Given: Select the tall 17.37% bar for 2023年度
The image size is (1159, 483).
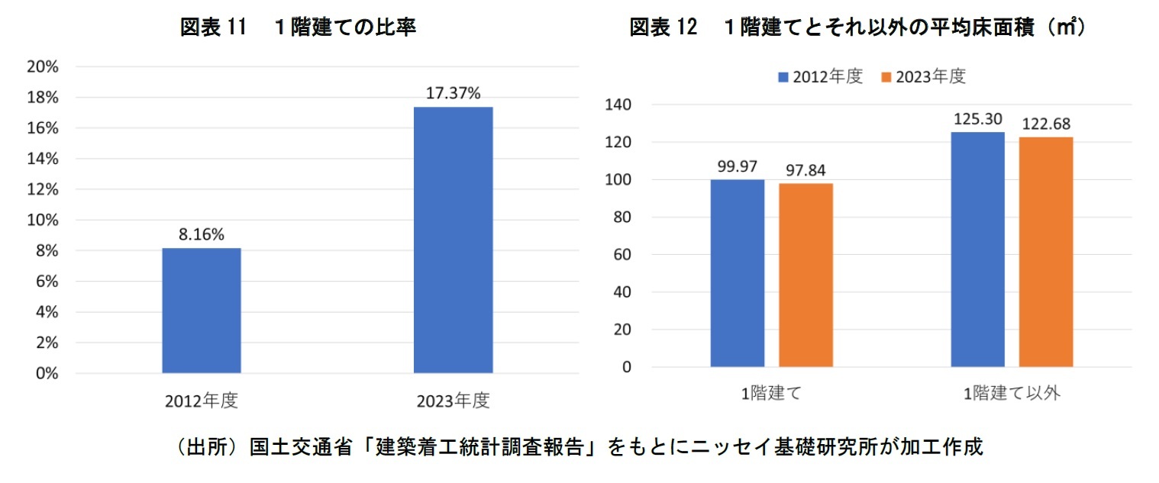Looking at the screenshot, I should [453, 240].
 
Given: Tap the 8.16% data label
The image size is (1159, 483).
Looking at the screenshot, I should [202, 236].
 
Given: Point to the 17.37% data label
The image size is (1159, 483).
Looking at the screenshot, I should [453, 94].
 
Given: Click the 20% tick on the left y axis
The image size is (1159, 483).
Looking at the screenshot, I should [43, 67].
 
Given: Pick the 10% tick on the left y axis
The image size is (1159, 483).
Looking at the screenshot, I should [43, 221].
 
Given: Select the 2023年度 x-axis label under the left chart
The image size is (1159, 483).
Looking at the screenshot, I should [453, 401].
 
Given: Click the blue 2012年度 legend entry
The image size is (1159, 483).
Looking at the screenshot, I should [821, 77].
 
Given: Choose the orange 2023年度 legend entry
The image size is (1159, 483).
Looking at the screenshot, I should [924, 77].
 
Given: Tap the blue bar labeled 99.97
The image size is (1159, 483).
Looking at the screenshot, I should [738, 273].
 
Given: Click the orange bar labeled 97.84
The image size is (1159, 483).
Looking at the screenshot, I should [805, 275].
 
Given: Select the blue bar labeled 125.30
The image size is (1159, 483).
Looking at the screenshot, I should [978, 250].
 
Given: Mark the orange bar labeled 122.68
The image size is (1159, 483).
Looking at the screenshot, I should [1046, 252].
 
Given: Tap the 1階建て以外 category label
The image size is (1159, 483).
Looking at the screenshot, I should [1012, 394].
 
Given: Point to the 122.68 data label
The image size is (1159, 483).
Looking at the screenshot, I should [1046, 124].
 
